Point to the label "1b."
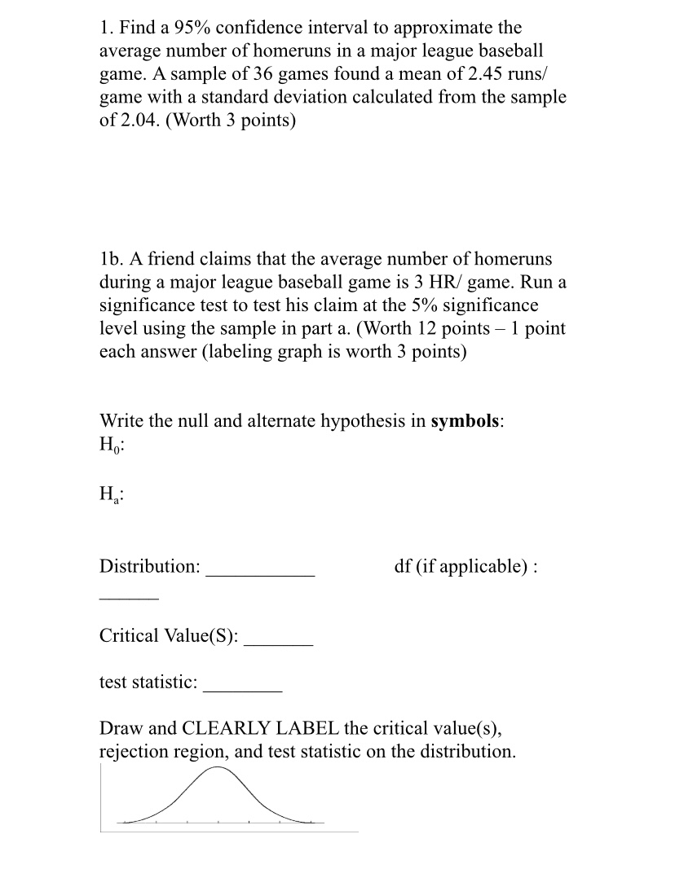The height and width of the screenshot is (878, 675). [x=111, y=259]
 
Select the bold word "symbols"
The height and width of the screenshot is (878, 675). [x=465, y=421]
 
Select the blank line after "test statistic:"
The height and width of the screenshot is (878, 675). [x=243, y=691]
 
